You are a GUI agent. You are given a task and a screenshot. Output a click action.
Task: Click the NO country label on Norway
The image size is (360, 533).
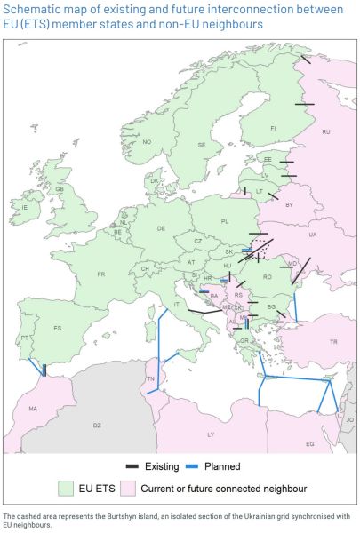148,142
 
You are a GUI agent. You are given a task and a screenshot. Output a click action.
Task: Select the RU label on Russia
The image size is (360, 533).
326,132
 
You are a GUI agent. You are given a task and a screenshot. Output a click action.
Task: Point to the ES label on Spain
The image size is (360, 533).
58,329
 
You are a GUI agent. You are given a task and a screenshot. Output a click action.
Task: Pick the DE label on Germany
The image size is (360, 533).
161,228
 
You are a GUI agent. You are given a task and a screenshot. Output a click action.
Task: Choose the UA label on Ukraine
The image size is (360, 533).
312,235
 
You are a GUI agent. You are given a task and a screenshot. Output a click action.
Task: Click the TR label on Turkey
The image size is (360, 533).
333,342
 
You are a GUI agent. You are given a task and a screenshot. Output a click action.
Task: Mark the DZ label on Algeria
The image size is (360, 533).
98,426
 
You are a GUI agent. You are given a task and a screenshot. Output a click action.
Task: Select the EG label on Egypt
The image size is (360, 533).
309,443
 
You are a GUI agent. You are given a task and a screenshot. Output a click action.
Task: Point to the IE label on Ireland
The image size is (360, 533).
26,208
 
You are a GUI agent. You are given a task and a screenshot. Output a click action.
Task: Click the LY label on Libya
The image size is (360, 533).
211,434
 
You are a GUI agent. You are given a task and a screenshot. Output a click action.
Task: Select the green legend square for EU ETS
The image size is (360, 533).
65,489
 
